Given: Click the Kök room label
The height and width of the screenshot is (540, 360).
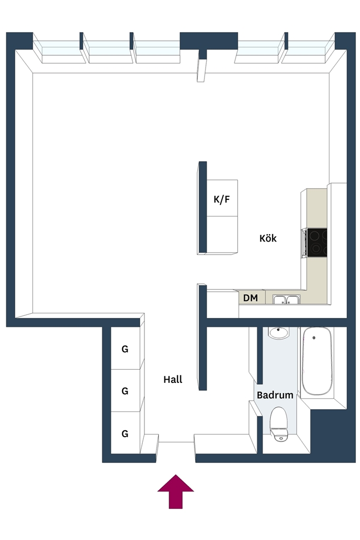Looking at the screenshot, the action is tap(268, 238).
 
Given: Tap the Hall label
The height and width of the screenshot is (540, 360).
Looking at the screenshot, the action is tap(173, 380).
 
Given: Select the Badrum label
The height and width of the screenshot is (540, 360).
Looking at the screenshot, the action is tap(275, 395).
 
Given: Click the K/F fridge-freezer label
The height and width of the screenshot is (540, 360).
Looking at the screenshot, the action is tap(222, 199).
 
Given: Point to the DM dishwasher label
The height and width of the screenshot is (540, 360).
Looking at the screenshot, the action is tap(250, 298).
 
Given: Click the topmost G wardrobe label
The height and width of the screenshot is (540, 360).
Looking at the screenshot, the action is tap(125, 349).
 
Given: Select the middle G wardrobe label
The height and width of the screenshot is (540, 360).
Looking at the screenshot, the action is tap(125, 391).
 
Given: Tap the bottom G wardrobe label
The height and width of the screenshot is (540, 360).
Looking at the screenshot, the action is tap(125, 434).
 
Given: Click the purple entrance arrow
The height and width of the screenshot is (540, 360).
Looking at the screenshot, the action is tap(176, 491).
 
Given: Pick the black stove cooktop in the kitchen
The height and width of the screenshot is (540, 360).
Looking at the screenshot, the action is tap(317, 243).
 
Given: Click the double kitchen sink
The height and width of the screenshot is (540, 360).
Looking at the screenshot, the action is tap(286, 300).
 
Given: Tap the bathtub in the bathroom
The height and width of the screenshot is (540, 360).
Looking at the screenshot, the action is tap(317, 361).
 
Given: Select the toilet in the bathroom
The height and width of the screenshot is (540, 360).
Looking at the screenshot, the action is tap(278, 425).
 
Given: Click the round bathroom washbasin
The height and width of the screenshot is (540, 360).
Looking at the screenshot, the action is tap(279, 333).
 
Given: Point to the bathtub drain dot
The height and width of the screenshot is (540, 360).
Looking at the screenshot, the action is tap(314, 338).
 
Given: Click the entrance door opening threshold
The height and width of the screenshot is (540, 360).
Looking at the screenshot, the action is tap(176, 442).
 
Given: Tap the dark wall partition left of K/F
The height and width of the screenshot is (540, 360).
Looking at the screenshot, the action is tap(203, 208).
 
